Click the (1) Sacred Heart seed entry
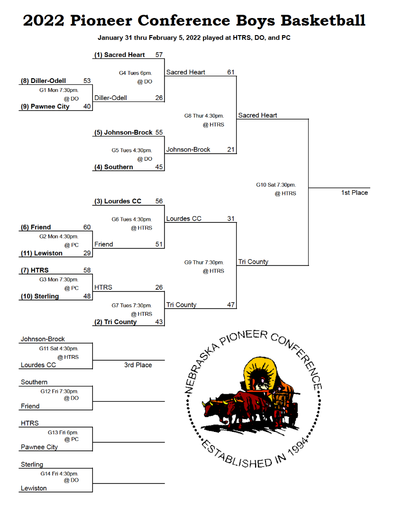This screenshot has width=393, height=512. [x=119, y=55]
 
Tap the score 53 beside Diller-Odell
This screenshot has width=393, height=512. [x=87, y=81]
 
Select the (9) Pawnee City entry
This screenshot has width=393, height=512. [x=45, y=107]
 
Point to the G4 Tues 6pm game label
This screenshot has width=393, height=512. [x=136, y=73]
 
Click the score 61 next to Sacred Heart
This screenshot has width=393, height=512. [x=231, y=72]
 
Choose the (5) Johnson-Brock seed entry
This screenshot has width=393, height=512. [x=123, y=133]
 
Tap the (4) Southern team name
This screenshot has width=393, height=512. [x=114, y=167]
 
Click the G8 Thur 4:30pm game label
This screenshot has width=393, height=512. [x=204, y=116]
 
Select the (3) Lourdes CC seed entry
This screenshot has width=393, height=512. [x=118, y=201]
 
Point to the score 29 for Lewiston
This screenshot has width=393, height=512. [x=87, y=253]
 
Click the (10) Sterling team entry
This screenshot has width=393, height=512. [x=40, y=296]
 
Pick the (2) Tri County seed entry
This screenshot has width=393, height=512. [x=116, y=322]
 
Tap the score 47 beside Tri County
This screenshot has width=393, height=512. [x=231, y=305]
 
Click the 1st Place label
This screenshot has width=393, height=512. [x=355, y=192]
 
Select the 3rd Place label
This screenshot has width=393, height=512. [x=138, y=365]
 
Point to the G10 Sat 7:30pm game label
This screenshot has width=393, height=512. [x=276, y=185]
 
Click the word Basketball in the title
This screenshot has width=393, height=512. [x=323, y=20]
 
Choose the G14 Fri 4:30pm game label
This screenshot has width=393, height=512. [x=59, y=474]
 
